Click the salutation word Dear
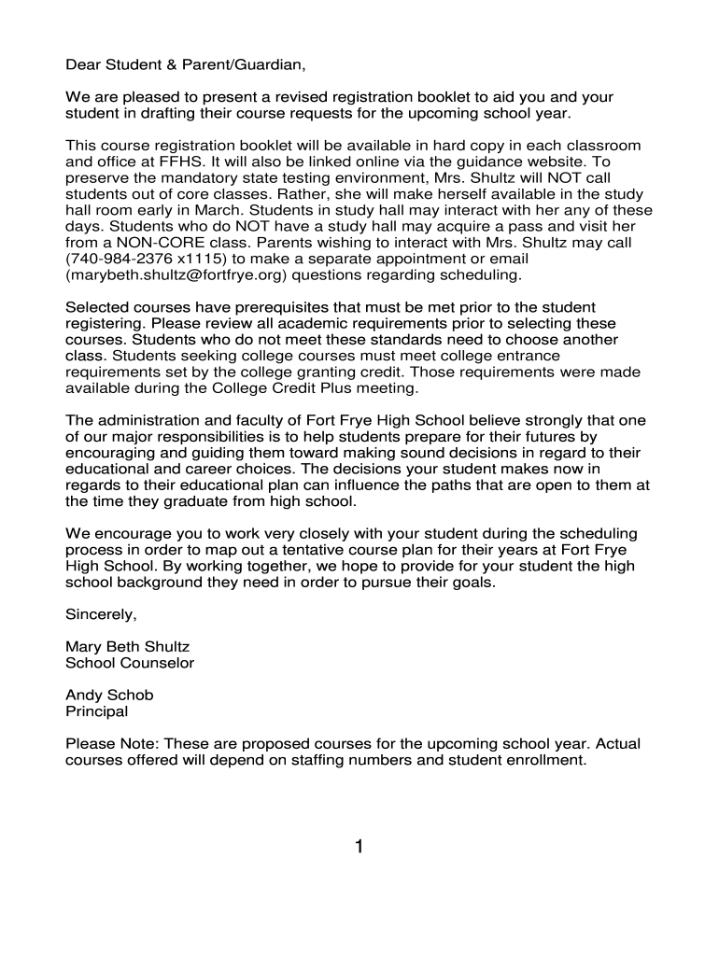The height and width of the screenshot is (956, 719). pyautogui.click(x=82, y=66)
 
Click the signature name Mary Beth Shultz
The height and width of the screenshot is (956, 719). pyautogui.click(x=127, y=647)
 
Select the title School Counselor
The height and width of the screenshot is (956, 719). pyautogui.click(x=129, y=663)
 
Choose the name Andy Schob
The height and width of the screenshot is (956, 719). pyautogui.click(x=109, y=696)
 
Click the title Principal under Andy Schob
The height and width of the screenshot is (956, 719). pyautogui.click(x=96, y=711)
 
